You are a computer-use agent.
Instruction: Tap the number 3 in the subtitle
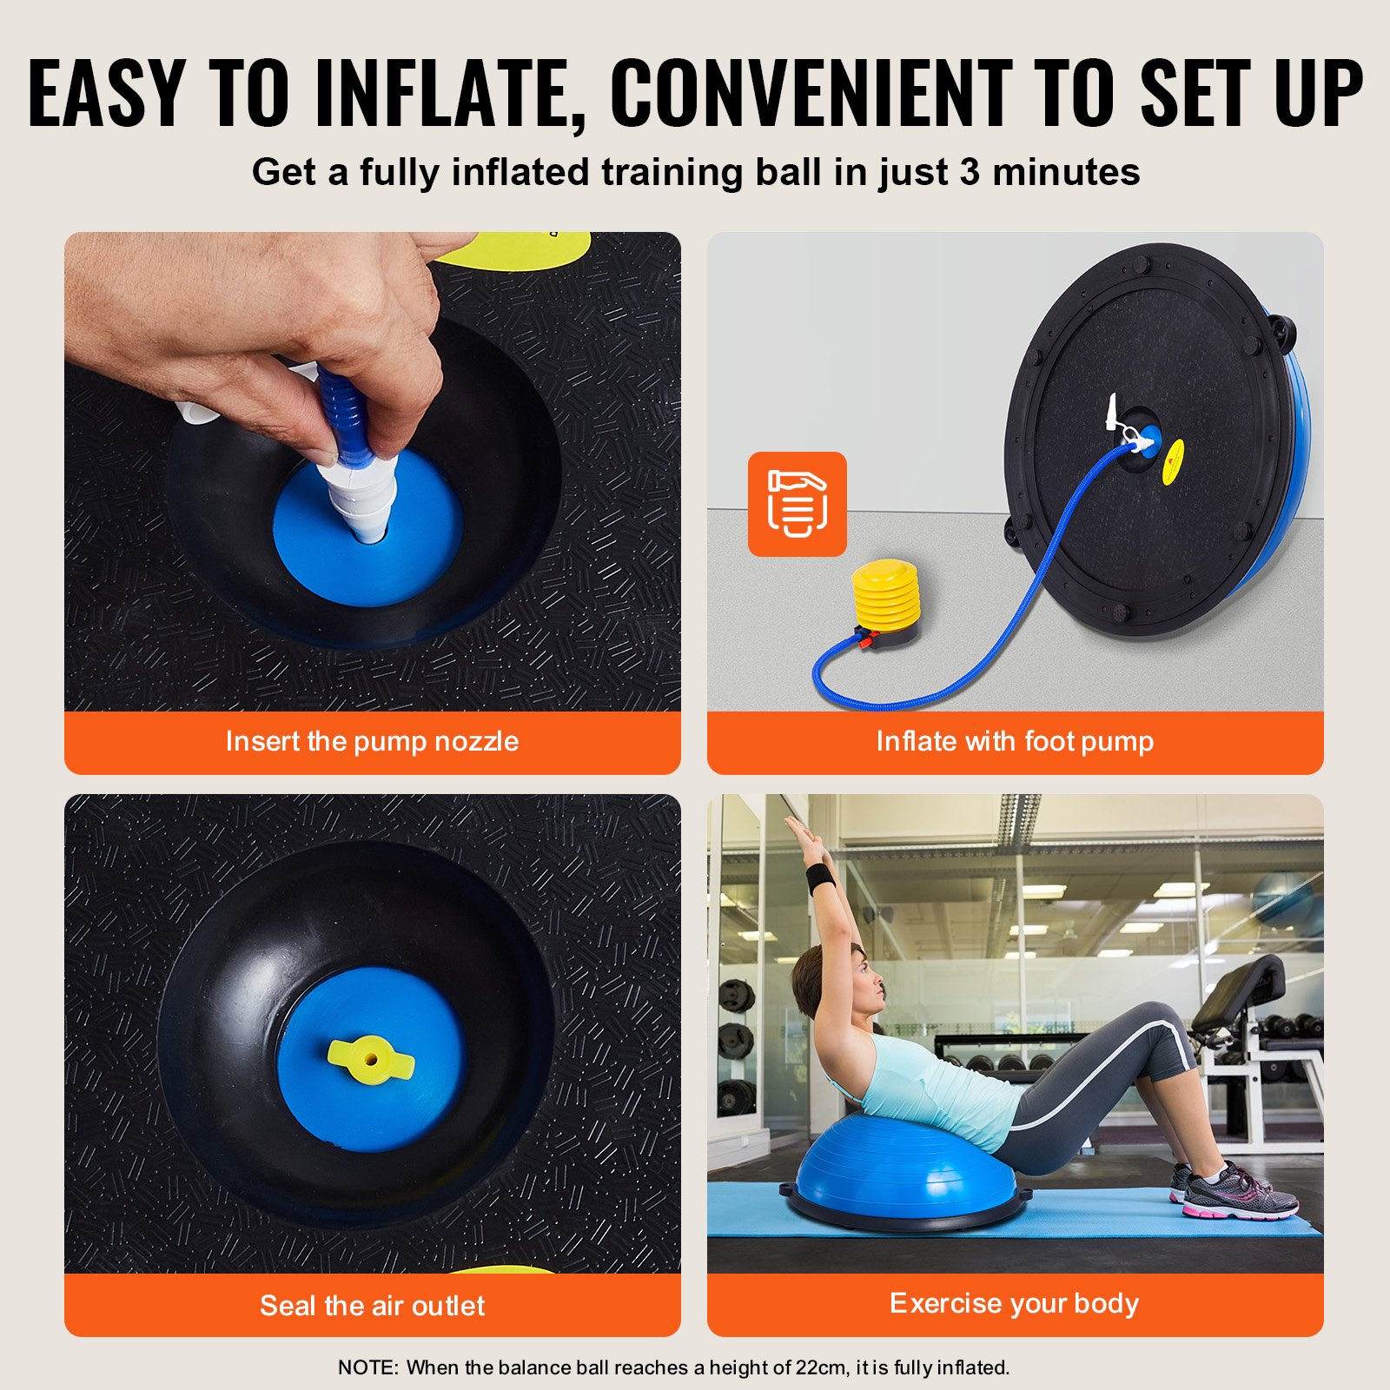pos(969,172)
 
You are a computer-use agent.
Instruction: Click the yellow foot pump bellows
pos(884,595)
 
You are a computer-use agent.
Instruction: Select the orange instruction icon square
pos(797,504)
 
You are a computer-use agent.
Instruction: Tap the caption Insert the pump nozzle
pos(372,741)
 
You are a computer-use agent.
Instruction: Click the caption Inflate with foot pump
pos(1015,741)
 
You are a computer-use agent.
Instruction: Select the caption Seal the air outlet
pos(372,1305)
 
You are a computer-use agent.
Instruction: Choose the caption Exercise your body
pos(1014,1303)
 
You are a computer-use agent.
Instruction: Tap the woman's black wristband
pos(820,878)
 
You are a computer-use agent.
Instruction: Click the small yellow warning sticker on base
pos(1173,462)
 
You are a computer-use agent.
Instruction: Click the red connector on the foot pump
pos(864,643)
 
